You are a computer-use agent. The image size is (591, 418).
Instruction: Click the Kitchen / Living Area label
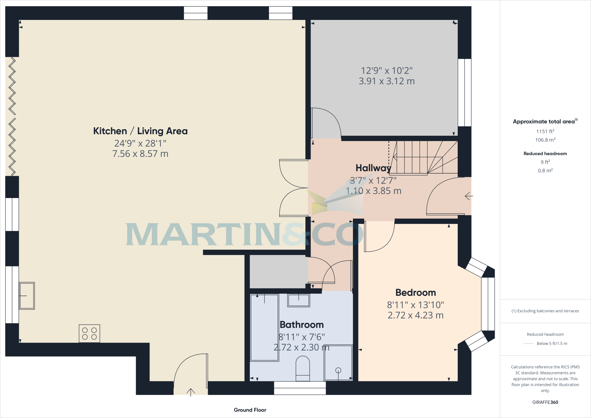click(x=140, y=131)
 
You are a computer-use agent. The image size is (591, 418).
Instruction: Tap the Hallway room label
click(x=373, y=168)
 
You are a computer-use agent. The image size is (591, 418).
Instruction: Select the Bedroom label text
click(x=416, y=293)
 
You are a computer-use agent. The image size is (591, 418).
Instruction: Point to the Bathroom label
click(x=302, y=325)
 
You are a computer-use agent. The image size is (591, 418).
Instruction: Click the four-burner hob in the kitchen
click(x=89, y=333)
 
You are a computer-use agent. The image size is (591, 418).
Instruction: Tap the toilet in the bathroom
click(x=303, y=369)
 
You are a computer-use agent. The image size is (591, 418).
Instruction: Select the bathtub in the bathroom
click(x=265, y=328)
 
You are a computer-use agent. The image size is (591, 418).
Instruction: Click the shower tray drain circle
click(x=338, y=370)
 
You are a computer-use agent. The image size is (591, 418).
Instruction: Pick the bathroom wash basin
click(x=299, y=300)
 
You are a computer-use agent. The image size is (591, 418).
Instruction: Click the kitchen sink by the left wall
click(x=27, y=296)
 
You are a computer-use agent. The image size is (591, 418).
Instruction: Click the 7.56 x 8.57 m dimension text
click(x=140, y=154)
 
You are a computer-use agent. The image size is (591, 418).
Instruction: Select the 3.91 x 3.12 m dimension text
click(x=387, y=81)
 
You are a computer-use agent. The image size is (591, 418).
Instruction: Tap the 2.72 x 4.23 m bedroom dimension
click(x=416, y=315)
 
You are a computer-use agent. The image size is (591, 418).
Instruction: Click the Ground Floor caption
click(x=250, y=410)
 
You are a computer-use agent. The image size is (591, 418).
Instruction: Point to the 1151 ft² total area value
click(x=545, y=131)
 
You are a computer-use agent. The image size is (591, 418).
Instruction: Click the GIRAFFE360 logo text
click(x=545, y=402)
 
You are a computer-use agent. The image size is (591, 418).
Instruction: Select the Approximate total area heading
click(x=545, y=122)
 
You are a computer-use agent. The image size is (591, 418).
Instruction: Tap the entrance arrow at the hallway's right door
click(x=469, y=196)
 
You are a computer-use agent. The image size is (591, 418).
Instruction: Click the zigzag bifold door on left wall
click(x=12, y=116)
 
